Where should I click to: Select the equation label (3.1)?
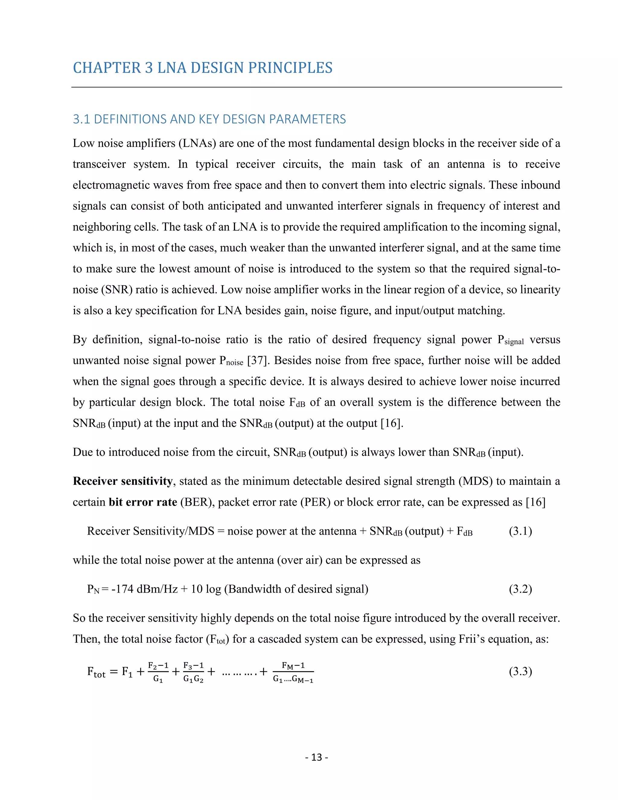[520, 531]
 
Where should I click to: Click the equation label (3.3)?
[520, 671]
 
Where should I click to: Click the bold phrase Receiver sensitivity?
[123, 481]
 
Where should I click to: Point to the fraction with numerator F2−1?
[158, 672]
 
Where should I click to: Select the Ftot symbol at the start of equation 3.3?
[96, 672]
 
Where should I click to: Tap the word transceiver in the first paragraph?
[99, 164]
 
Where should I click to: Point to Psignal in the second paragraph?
[510, 340]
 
